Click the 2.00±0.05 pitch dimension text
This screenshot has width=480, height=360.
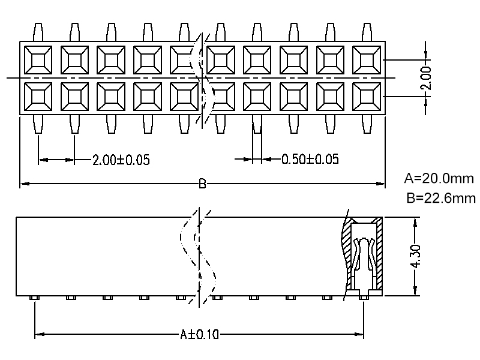121,160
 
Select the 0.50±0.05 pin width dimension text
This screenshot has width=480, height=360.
310,159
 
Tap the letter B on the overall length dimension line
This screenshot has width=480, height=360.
202,184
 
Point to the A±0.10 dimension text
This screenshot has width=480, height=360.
199,334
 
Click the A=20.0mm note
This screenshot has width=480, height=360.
439,178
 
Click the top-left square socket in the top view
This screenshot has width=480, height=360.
38,59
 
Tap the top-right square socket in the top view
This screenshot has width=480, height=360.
366,59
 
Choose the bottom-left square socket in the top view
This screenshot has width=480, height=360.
38,96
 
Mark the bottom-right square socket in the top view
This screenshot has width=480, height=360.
366,96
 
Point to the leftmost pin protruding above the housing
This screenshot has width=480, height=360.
38,32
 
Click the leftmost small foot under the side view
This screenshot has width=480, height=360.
35,298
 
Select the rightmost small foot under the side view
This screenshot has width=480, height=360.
363,298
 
